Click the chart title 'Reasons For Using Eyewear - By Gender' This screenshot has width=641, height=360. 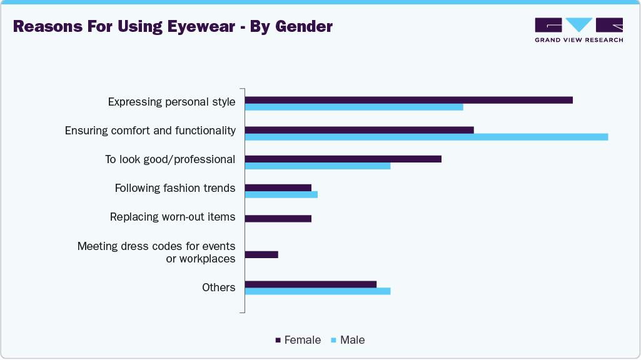point(173,26)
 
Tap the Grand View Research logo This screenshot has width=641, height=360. point(578,29)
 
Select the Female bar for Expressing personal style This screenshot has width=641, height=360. point(408,100)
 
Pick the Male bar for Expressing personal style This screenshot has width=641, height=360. point(354,107)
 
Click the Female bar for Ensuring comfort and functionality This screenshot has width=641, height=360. point(359,129)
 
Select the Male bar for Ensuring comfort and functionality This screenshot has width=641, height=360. point(426,137)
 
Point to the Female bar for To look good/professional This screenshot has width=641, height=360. point(343,159)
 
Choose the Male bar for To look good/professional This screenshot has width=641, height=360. point(317,166)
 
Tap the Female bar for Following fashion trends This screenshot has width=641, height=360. point(278,187)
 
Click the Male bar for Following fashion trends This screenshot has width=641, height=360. point(281,194)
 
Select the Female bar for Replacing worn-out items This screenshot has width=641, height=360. point(278,218)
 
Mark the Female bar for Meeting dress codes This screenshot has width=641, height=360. point(261,254)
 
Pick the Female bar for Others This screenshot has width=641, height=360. point(310,284)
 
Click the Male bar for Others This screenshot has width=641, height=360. point(317,291)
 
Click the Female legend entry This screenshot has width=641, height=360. point(298,340)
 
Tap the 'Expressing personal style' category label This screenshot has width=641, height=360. point(171,101)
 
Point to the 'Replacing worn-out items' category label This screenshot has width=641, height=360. point(173,217)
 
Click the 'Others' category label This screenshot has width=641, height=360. point(218,287)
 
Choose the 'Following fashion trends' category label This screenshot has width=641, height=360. point(175,188)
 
